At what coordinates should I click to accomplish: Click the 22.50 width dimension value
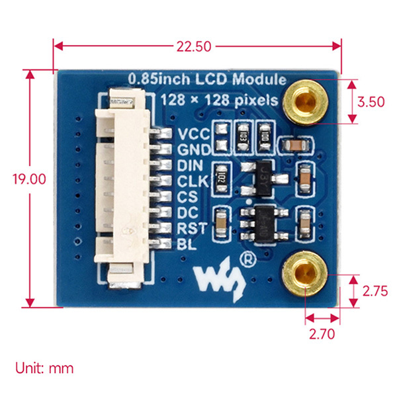pyautogui.click(x=193, y=46)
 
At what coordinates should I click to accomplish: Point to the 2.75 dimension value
pyautogui.click(x=375, y=290)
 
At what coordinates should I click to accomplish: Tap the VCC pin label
pyautogui.click(x=193, y=133)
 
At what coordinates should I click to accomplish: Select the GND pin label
pyautogui.click(x=193, y=149)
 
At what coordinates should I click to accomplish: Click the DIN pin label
pyautogui.click(x=192, y=165)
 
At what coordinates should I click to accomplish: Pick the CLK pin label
pyautogui.click(x=193, y=181)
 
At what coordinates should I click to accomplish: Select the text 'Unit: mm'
pyautogui.click(x=44, y=368)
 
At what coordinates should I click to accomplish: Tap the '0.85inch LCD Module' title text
pyautogui.click(x=207, y=79)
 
